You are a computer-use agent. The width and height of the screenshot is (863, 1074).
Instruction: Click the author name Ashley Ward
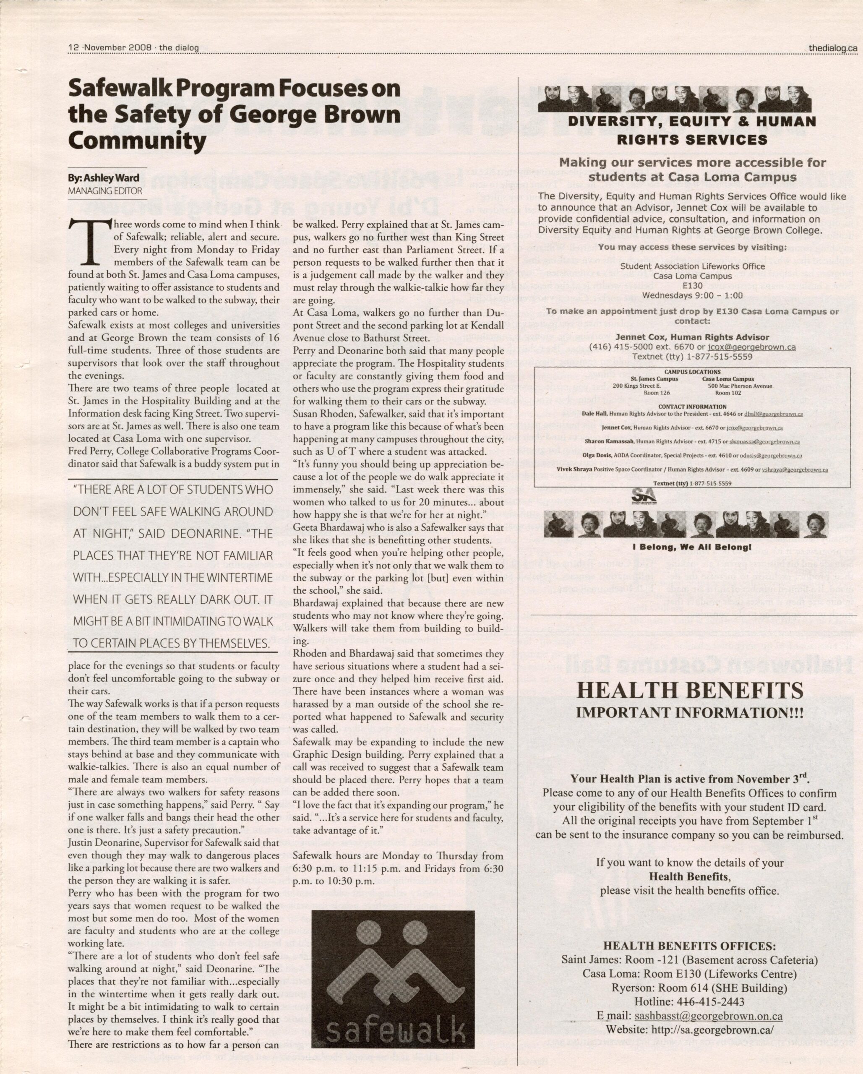[104, 178]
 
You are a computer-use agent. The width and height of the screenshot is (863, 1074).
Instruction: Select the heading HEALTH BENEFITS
[690, 691]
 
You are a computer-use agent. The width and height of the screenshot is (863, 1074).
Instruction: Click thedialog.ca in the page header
[833, 48]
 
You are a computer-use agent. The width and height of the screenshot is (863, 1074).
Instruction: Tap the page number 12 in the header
[74, 48]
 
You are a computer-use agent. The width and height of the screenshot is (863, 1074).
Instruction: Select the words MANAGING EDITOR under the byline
[105, 191]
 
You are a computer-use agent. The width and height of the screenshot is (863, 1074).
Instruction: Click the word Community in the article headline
[137, 141]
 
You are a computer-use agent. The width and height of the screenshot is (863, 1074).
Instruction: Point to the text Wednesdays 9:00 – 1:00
[692, 295]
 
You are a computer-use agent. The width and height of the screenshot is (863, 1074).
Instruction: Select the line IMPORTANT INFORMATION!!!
[690, 712]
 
